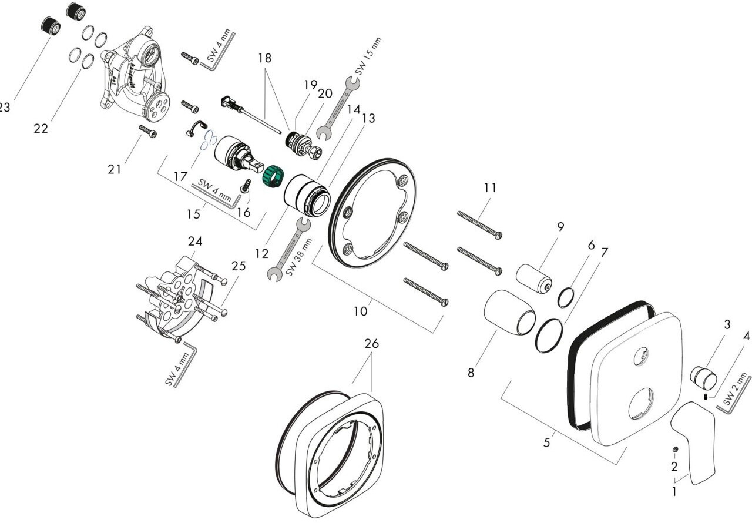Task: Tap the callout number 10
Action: pyautogui.click(x=360, y=311)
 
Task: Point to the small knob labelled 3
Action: pyautogui.click(x=703, y=377)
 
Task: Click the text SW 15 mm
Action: pyautogui.click(x=368, y=55)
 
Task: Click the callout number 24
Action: pyautogui.click(x=194, y=242)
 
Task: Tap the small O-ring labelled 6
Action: pyautogui.click(x=565, y=298)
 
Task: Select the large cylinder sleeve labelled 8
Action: pyautogui.click(x=509, y=311)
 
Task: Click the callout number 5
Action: pyautogui.click(x=546, y=442)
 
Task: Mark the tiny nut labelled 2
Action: pyautogui.click(x=676, y=450)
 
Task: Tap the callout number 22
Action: pyautogui.click(x=41, y=128)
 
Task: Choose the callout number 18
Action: pyautogui.click(x=264, y=58)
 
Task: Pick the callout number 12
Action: pyautogui.click(x=261, y=254)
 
